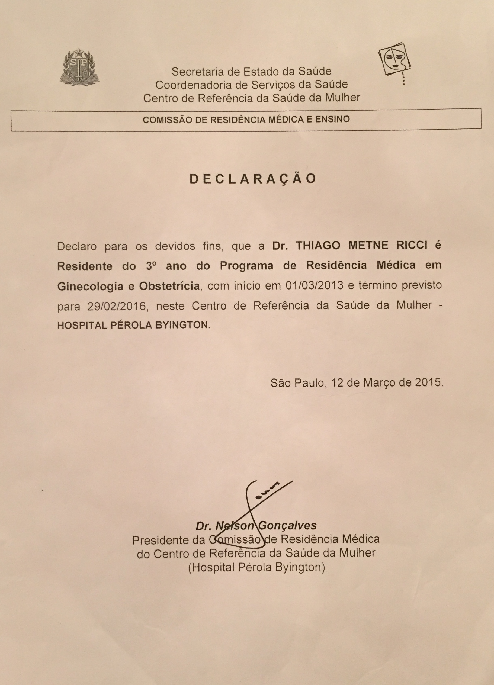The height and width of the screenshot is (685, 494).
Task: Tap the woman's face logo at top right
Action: (394, 62)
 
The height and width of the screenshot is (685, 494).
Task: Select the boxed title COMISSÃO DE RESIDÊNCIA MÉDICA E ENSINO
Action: (246, 120)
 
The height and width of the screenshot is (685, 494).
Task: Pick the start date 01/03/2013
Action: (314, 285)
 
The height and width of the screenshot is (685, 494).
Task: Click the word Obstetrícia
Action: (169, 286)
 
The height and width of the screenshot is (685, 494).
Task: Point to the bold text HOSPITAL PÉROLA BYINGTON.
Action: (133, 326)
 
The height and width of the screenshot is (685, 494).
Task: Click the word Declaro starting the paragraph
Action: (76, 246)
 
